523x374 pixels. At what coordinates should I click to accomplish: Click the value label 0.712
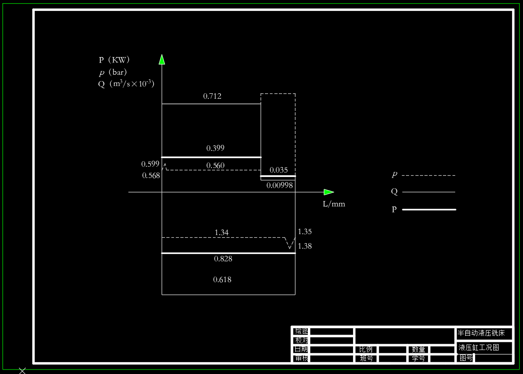(x=212, y=96)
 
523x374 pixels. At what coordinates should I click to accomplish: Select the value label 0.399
(x=215, y=148)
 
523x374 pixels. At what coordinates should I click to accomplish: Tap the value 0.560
(x=215, y=165)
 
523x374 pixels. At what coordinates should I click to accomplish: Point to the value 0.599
(x=150, y=164)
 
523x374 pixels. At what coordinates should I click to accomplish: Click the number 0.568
(x=151, y=176)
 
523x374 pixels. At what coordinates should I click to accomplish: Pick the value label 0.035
(x=278, y=170)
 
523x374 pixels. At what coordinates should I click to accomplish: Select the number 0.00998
(x=279, y=185)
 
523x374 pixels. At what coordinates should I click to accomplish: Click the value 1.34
(x=221, y=232)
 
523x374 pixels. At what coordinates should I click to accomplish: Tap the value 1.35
(x=305, y=232)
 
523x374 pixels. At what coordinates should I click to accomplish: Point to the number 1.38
(x=305, y=246)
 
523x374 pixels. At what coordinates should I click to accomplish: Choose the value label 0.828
(x=223, y=259)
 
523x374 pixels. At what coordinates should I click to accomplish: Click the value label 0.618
(x=222, y=279)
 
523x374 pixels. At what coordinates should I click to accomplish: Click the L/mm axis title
(x=334, y=204)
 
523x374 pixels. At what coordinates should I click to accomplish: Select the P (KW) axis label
(x=114, y=60)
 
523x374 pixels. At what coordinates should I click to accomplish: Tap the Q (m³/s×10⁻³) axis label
(x=126, y=84)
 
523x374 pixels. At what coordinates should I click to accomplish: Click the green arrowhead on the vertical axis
(x=162, y=59)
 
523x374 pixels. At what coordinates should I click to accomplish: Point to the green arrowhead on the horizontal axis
(x=329, y=192)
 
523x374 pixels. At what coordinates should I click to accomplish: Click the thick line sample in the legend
(x=429, y=210)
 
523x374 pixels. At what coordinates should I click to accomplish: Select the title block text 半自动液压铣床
(x=481, y=333)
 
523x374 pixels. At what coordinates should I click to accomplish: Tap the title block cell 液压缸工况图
(x=479, y=348)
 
